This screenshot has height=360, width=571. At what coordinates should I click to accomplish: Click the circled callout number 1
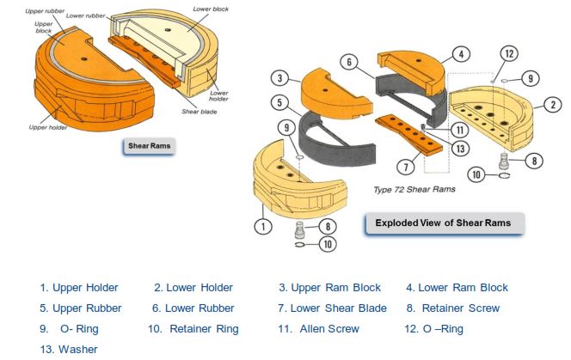(x=263, y=226)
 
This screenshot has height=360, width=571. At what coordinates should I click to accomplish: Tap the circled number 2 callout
(x=553, y=105)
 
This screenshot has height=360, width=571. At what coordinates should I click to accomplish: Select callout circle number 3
(x=279, y=78)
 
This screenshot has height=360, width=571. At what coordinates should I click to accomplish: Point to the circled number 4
(x=461, y=55)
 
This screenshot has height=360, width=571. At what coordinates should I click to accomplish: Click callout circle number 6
(x=349, y=62)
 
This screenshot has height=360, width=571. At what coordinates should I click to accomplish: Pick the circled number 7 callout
(x=406, y=167)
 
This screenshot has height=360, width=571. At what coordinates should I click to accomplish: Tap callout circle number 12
(x=509, y=54)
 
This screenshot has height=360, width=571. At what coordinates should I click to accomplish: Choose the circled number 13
(x=460, y=149)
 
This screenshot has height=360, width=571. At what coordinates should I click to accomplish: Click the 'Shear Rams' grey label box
(x=150, y=146)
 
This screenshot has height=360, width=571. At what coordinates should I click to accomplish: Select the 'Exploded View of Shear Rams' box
(x=445, y=223)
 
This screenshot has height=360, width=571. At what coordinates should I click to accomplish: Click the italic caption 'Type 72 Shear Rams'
(x=414, y=189)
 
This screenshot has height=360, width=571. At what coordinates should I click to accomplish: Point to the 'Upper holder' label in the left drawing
(x=48, y=127)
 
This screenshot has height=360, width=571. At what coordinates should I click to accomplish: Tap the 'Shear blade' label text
(x=200, y=112)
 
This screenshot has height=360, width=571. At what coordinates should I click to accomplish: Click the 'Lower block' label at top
(x=211, y=9)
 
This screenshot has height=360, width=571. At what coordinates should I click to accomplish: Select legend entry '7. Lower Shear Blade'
(x=332, y=308)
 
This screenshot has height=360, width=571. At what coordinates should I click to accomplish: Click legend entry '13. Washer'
(x=69, y=350)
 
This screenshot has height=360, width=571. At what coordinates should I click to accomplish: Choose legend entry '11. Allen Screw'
(x=319, y=329)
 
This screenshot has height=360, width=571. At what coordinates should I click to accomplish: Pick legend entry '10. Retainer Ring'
(x=193, y=329)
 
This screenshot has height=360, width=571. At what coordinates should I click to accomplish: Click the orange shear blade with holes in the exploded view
(x=409, y=135)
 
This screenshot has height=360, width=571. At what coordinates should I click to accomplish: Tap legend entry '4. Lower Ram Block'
(x=457, y=288)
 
